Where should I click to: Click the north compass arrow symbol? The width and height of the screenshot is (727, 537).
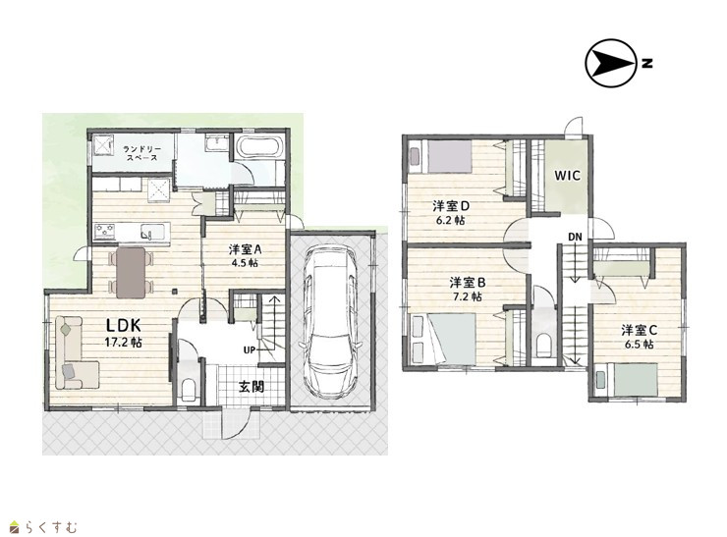(x=611, y=64)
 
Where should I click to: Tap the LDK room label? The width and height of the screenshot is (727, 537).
(x=124, y=325)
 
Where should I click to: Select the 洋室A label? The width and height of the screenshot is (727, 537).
(x=246, y=249)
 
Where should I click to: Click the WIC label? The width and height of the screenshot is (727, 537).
(x=568, y=176)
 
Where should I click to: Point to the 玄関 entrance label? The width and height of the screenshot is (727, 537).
(x=252, y=387)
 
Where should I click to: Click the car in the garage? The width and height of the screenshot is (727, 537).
(x=330, y=321)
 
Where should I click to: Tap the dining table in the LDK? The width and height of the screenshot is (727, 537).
(x=131, y=273)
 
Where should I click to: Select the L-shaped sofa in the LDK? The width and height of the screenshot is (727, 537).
(x=77, y=352)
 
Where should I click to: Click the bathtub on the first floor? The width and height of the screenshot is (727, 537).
(x=259, y=147)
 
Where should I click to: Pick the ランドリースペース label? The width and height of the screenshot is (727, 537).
(x=142, y=153)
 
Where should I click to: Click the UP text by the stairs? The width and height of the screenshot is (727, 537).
(x=249, y=349)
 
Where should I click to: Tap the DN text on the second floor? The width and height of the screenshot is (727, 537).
(x=576, y=237)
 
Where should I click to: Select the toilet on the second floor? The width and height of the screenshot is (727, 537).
(x=544, y=345)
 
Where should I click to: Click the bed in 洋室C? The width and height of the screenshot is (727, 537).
(x=627, y=380)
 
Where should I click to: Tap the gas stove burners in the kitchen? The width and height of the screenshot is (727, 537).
(x=105, y=231)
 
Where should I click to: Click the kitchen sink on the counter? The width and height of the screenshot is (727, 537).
(x=152, y=232)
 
